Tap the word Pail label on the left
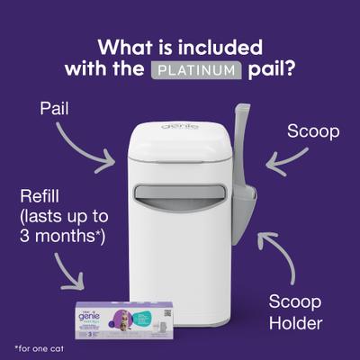click(x=55, y=109)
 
